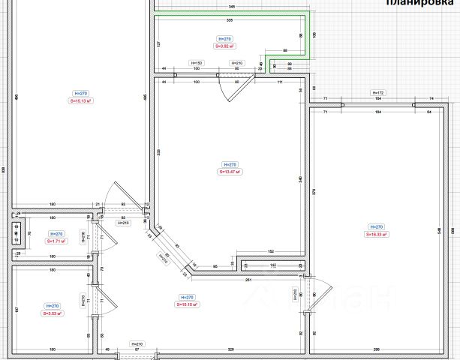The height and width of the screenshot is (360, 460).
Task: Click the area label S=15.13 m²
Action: [x=80, y=100]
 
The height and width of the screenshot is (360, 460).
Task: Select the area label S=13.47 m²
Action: [x=230, y=172]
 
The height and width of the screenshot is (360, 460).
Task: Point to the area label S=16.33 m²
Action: [x=374, y=234]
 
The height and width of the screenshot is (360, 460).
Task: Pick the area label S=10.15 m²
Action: [x=188, y=304]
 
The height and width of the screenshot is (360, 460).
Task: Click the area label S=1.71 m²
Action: [x=57, y=241]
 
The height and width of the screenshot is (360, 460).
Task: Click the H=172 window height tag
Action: [x=378, y=92]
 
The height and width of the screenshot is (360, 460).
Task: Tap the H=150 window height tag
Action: [x=197, y=63]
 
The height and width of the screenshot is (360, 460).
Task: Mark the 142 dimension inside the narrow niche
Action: [x=273, y=265]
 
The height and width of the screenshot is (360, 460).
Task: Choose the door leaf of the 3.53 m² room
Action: [x=109, y=304]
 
